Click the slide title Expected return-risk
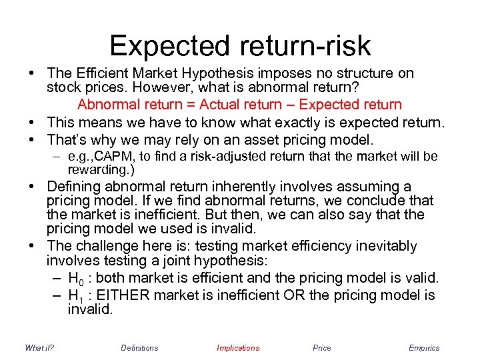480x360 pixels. pos(240,45)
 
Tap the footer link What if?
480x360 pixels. pos(39,348)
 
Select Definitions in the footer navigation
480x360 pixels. pos(139,348)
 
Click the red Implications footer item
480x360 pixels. pos(238,348)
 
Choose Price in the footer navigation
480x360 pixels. pos(321,348)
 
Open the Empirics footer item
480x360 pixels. pos(424,348)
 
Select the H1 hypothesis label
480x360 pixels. pos(74,295)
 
